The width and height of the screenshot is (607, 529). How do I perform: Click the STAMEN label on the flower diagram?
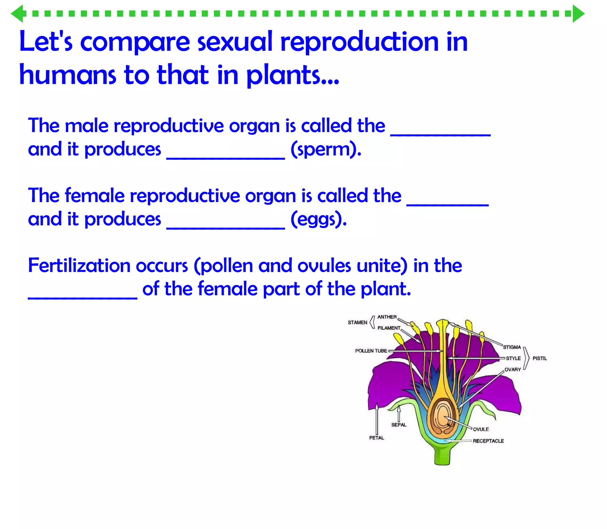357,322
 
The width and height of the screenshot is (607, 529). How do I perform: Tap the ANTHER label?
387,317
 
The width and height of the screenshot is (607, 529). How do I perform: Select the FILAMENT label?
389,328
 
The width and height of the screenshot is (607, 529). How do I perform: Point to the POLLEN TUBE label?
371,351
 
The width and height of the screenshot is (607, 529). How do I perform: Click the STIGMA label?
512,347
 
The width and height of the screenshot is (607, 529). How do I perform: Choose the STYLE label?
513,358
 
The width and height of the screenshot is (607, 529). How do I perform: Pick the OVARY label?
512,370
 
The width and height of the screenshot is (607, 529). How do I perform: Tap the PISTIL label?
539,358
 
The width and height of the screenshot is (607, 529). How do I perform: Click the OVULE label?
481,429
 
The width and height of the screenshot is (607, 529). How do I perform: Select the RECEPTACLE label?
488,441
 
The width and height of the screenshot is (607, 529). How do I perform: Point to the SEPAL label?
399,425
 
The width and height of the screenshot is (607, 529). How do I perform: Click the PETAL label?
376,438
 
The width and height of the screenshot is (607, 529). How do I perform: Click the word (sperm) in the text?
326,149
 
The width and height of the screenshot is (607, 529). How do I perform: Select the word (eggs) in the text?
318,219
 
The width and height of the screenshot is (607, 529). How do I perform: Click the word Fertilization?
79,266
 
